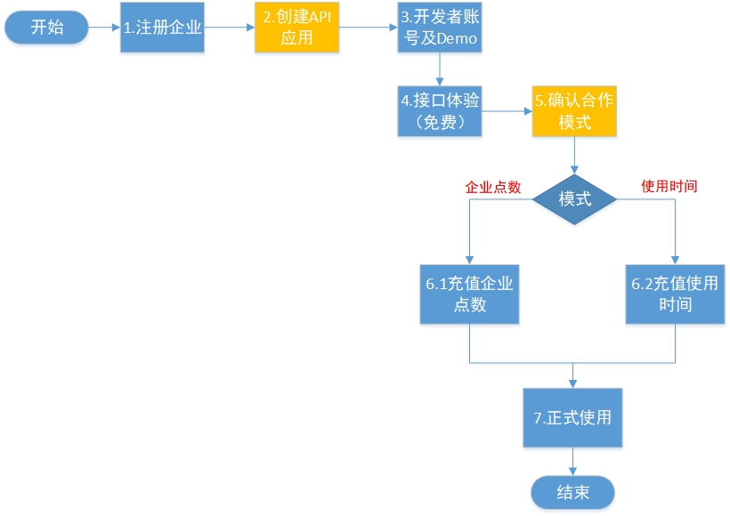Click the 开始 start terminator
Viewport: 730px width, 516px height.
tap(47, 28)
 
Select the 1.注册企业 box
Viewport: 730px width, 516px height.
tap(163, 28)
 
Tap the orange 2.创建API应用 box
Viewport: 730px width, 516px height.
tap(296, 28)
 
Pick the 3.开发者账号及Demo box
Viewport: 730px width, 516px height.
tap(440, 28)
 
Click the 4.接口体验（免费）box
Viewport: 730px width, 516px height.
tap(440, 111)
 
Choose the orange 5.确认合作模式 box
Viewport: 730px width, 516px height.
tap(574, 111)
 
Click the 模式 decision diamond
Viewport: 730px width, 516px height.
tap(574, 198)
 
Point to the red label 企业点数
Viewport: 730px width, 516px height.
tap(493, 187)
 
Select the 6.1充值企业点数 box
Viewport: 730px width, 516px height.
tap(470, 294)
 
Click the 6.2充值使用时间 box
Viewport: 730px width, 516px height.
tap(674, 294)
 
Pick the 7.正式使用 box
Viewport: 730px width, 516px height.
tap(572, 417)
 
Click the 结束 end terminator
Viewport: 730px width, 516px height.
tap(572, 491)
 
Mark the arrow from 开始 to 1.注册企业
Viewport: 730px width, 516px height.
tap(104, 28)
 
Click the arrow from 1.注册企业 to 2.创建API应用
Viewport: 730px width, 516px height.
tap(230, 28)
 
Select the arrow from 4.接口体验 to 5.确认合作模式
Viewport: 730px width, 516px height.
tap(507, 111)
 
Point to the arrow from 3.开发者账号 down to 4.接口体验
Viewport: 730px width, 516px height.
tap(440, 69)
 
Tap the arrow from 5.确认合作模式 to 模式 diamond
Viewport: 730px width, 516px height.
tap(574, 154)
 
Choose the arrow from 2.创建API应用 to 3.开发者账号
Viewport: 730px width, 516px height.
tap(368, 28)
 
